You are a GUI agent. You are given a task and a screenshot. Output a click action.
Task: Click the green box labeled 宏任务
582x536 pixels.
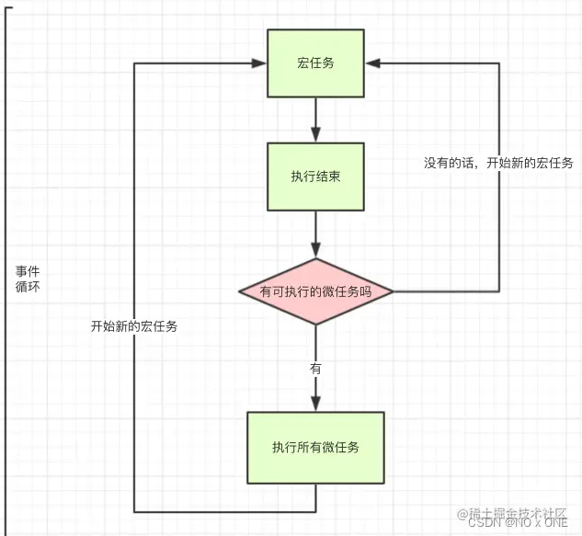click(x=315, y=63)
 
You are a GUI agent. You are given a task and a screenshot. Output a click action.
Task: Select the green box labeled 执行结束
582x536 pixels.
click(x=315, y=176)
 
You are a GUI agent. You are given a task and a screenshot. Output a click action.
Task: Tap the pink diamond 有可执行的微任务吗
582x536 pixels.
click(x=315, y=291)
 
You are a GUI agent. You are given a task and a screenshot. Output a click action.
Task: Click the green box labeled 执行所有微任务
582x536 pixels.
click(x=315, y=448)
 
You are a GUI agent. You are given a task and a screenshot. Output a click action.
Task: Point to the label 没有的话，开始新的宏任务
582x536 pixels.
click(x=498, y=163)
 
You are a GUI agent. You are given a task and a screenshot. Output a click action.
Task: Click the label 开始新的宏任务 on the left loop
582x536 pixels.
click(x=134, y=326)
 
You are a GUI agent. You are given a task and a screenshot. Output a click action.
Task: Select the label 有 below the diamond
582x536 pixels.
click(x=315, y=367)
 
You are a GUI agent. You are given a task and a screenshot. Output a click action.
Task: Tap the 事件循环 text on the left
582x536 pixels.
click(x=27, y=279)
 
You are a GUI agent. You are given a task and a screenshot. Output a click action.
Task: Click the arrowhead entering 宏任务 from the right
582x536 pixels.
click(x=372, y=63)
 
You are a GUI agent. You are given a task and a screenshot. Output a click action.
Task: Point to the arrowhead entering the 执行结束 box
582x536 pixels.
click(x=315, y=136)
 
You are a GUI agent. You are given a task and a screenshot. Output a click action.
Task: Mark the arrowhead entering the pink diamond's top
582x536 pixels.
click(x=315, y=251)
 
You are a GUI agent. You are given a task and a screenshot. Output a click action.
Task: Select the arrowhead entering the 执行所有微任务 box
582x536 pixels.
click(x=315, y=405)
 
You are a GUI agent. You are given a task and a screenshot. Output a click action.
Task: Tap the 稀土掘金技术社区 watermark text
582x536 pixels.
click(x=523, y=511)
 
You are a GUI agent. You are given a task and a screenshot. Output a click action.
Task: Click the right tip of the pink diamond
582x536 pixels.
click(x=394, y=291)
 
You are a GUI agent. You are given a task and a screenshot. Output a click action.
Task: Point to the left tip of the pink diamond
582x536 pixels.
click(x=238, y=291)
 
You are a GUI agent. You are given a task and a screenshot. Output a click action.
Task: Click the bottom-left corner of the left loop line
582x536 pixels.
click(x=135, y=510)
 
